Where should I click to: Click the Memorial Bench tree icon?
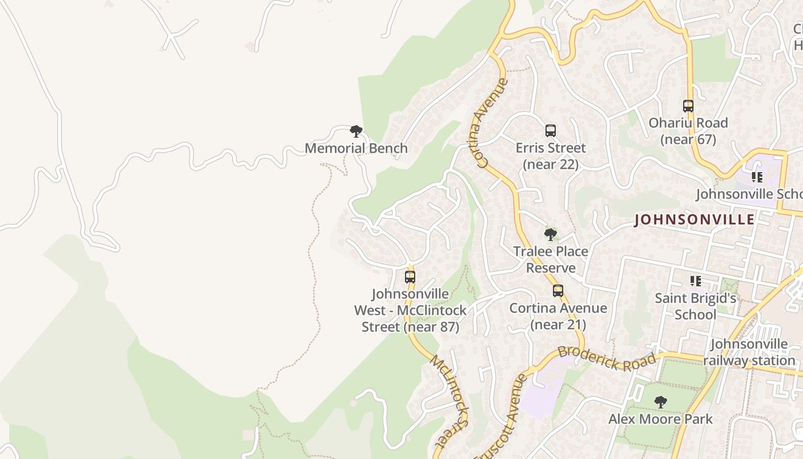(356, 131)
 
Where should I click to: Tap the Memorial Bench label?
(356, 148)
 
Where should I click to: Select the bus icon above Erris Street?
(551, 130)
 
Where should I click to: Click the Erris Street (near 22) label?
(551, 156)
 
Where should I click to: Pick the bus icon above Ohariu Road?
(688, 106)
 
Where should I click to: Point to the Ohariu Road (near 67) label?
(688, 131)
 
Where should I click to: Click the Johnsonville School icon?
(757, 177)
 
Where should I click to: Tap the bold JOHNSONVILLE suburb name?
(694, 220)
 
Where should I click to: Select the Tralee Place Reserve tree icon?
(551, 234)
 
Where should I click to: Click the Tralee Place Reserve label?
(551, 259)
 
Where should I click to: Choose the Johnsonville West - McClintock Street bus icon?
(410, 277)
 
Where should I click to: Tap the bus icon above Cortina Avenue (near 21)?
(558, 291)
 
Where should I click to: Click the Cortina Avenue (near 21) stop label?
(558, 316)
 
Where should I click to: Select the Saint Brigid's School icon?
(696, 281)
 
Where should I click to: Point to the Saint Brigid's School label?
(695, 306)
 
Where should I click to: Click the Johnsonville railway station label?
(749, 352)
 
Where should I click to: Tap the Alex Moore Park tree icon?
(661, 402)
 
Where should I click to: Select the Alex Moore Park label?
(661, 419)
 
